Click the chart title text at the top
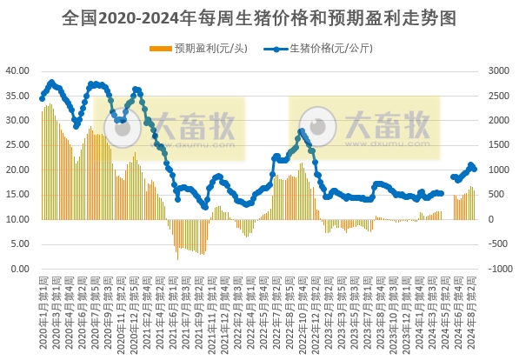(259, 17)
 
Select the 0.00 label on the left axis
(21, 269)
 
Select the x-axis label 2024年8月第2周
(474, 309)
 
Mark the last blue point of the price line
(474, 169)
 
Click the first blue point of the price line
(43, 98)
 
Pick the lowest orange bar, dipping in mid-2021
(178, 259)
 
